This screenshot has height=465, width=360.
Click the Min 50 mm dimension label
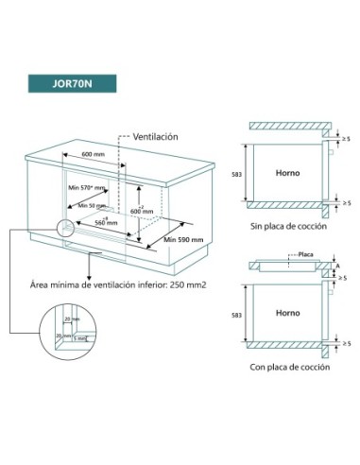[x=92, y=205]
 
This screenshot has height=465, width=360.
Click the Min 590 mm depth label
[x=181, y=241]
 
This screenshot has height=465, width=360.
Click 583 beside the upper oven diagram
[x=235, y=174]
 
